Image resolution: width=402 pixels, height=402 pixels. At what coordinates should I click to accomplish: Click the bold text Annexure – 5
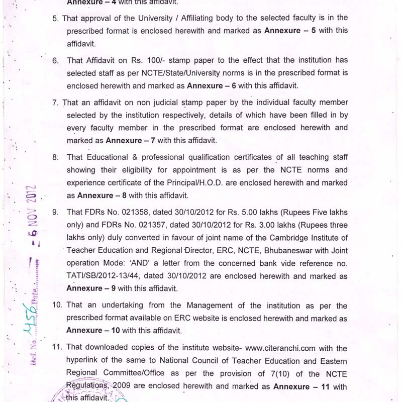(x=290, y=30)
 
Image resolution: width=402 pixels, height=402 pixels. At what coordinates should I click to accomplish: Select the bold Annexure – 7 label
(x=130, y=140)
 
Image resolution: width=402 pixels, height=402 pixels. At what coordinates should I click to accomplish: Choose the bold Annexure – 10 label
(x=93, y=330)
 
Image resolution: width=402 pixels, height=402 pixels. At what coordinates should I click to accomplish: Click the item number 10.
(x=57, y=306)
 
